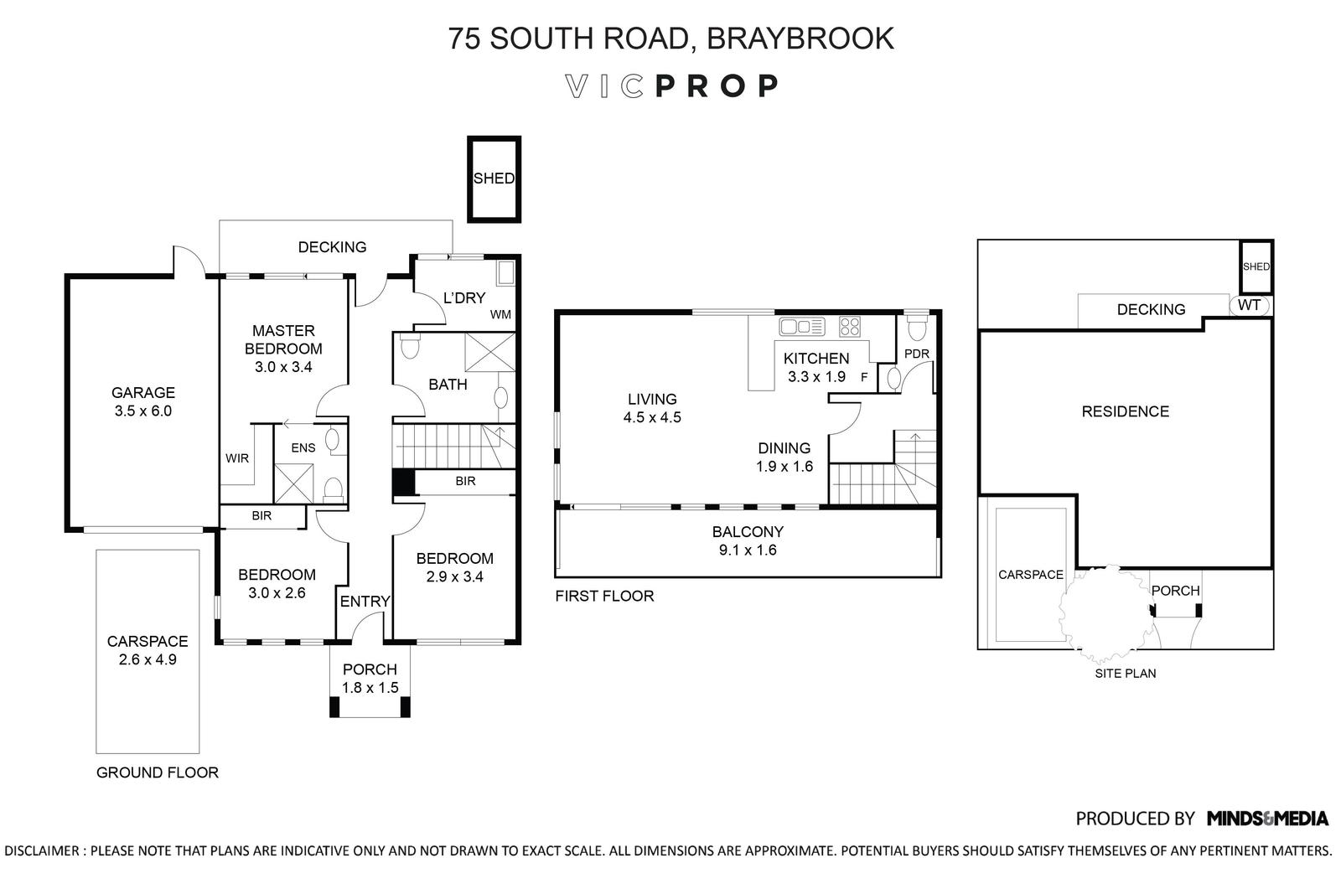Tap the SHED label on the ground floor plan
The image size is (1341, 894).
point(494,178)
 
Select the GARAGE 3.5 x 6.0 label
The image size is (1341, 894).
point(143,401)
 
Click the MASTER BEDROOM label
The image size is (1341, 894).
point(283,348)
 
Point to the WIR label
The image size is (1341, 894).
point(237,458)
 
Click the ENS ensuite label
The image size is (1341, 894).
point(303,447)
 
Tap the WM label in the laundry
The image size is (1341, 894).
point(500,315)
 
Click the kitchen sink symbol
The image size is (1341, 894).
point(802,325)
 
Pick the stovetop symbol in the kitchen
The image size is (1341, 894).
point(849,325)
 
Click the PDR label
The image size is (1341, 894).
point(917,354)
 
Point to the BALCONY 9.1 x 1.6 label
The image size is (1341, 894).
point(748,540)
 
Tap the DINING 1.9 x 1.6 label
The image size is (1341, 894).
point(784,457)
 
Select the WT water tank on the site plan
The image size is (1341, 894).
point(1249,305)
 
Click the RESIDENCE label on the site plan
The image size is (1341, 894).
point(1125,411)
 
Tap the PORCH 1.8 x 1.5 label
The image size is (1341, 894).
point(370,678)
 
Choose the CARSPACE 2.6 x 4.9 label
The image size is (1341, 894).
point(148,649)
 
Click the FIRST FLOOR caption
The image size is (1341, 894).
point(604,596)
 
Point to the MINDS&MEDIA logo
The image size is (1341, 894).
point(1267,818)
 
